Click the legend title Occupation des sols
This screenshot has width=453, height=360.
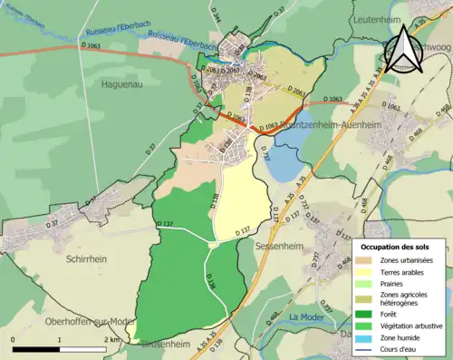(401, 247)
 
